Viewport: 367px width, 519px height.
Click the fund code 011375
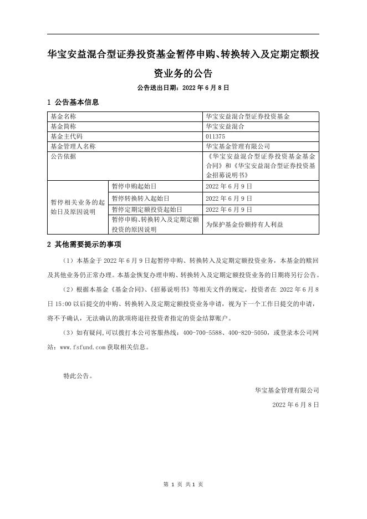[x=216, y=136]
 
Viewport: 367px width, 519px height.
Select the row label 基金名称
[x=63, y=116]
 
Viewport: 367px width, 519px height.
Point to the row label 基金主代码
[x=66, y=136]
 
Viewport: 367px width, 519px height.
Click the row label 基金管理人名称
[x=73, y=146]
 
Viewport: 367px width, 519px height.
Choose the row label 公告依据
[x=63, y=156]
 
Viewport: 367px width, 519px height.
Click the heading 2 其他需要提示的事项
[x=84, y=245]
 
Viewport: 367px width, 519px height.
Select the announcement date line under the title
[x=183, y=88]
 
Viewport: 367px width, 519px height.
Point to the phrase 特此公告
[x=78, y=375]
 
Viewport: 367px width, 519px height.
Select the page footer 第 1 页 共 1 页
[x=183, y=484]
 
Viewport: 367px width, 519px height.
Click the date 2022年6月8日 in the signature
[x=295, y=405]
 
